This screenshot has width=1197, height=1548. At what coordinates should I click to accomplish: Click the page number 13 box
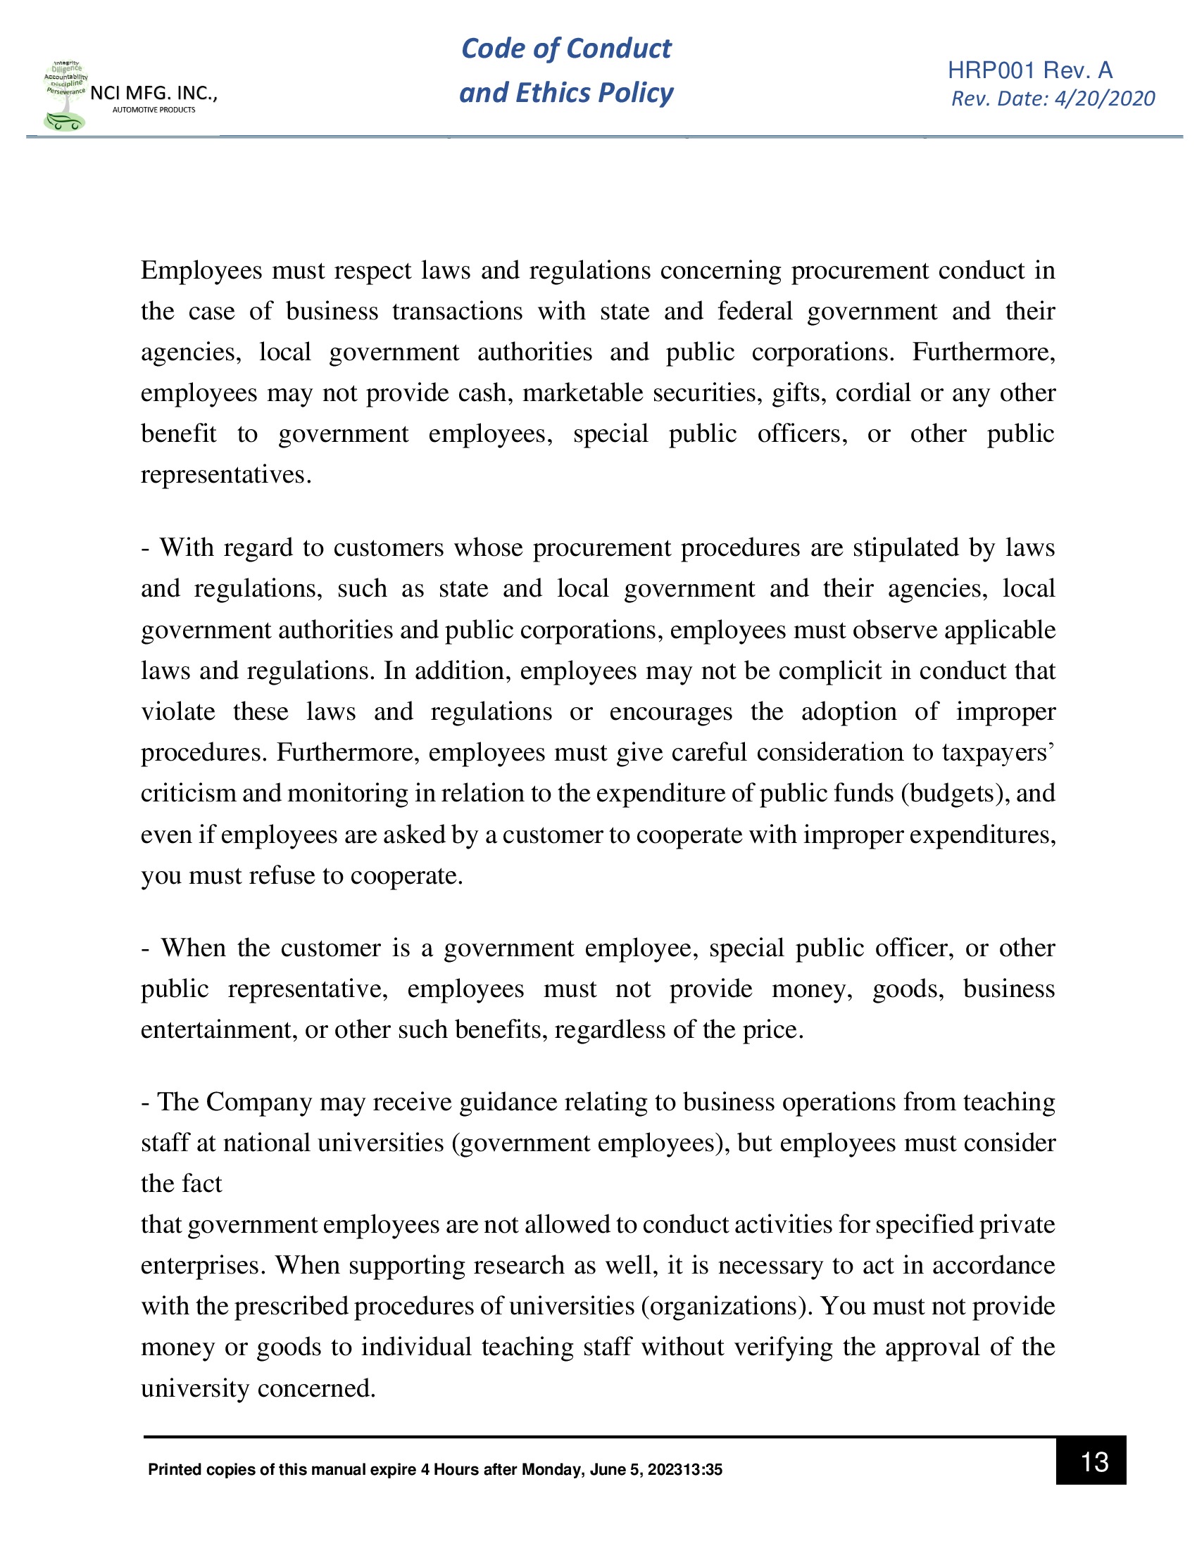click(x=1090, y=1461)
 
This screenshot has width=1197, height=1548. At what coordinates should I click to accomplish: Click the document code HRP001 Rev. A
click(x=1029, y=70)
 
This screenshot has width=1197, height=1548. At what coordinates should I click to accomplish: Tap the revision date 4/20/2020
click(x=1104, y=99)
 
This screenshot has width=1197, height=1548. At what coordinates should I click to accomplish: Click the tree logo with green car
click(x=65, y=96)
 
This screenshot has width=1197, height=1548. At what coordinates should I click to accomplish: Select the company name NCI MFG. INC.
click(x=153, y=93)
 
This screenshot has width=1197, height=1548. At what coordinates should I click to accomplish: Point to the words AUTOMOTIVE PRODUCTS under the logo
click(x=154, y=110)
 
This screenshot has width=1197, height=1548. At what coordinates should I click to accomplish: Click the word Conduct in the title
click(x=618, y=48)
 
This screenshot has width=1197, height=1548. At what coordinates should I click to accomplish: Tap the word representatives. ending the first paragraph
click(x=225, y=474)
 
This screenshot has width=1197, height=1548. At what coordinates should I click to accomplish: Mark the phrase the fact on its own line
click(x=181, y=1184)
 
